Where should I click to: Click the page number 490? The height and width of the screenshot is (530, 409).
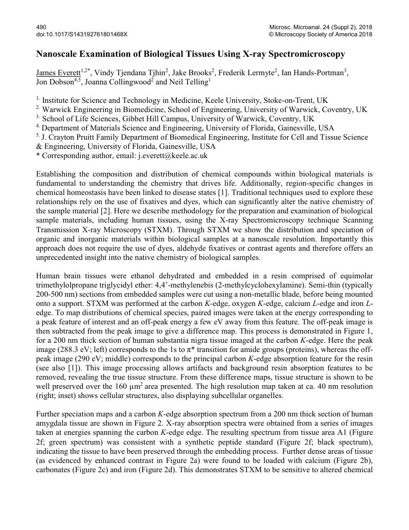[x=41, y=26]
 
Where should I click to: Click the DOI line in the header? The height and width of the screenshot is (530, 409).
[x=81, y=34]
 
